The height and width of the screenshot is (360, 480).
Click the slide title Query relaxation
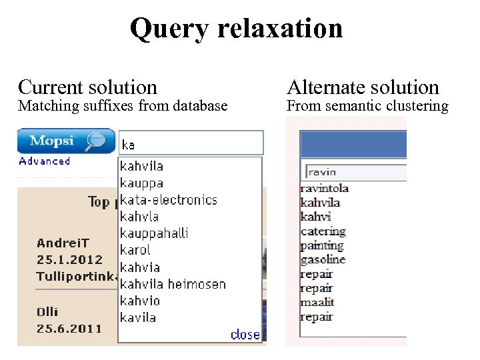click(x=236, y=28)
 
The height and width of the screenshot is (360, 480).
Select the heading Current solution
click(x=87, y=87)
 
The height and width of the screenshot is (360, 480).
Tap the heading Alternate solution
click(x=363, y=87)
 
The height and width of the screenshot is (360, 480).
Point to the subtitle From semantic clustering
click(x=367, y=105)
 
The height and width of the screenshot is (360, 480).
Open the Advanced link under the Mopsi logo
click(x=45, y=161)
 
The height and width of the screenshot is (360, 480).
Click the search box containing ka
click(x=191, y=143)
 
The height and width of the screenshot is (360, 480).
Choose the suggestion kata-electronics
click(x=168, y=199)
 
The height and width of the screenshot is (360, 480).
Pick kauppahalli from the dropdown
click(x=154, y=233)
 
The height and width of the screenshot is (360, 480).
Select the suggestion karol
click(x=135, y=250)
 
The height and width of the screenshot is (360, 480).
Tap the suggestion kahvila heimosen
click(x=173, y=284)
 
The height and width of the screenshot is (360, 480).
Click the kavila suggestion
click(x=138, y=317)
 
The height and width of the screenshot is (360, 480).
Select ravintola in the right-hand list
click(x=325, y=188)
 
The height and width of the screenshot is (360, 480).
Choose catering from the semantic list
click(x=323, y=231)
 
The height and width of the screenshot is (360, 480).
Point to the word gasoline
click(x=323, y=259)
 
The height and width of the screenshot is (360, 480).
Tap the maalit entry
click(x=317, y=302)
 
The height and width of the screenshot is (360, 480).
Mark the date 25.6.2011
click(x=69, y=328)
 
